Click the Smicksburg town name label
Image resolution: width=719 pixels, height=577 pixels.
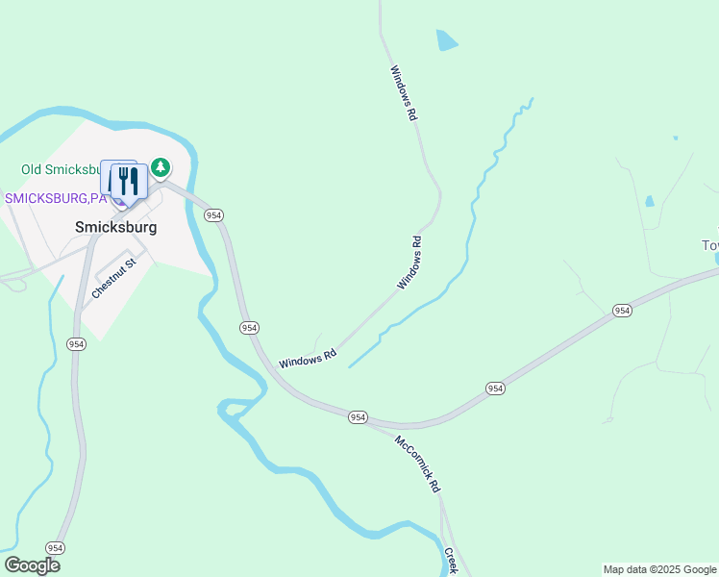115,228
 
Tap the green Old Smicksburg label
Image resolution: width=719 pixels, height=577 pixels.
60,170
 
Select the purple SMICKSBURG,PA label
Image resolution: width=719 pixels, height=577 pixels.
55,198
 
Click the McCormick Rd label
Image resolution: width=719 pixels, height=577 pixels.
416,464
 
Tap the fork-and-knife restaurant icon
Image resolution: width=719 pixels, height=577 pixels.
129,180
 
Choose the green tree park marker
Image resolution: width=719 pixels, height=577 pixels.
161,168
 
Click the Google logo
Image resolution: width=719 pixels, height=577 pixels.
32,565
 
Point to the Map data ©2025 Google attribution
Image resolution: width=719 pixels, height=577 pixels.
660,569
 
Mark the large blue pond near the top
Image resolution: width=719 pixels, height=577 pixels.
447,40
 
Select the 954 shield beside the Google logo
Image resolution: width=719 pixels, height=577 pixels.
55,547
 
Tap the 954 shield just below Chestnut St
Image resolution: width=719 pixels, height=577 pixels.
76,343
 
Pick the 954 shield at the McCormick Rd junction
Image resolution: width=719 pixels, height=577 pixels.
358,416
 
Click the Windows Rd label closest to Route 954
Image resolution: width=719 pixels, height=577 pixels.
307,358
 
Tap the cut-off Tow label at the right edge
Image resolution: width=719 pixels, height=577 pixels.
709,245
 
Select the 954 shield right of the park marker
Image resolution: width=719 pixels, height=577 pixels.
214,215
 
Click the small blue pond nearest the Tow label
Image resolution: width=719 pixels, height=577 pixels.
650,202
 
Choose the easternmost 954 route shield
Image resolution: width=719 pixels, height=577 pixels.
622,310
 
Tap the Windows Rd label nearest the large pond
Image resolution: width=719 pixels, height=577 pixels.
404,92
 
